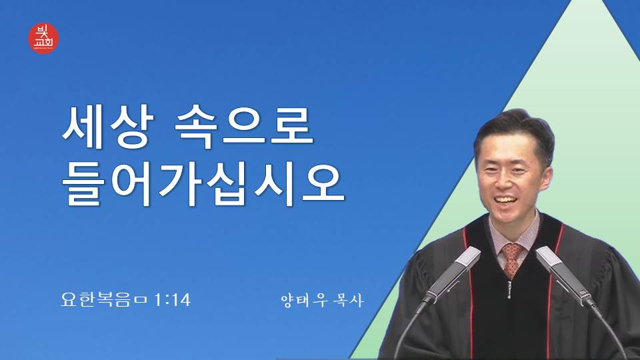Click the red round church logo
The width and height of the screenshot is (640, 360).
point(43,38)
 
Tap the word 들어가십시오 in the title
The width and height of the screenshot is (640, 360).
point(203,184)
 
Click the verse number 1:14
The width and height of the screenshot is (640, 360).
point(172,301)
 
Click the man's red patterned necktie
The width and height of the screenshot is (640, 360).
point(512,259)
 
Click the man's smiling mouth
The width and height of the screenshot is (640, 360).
point(506,201)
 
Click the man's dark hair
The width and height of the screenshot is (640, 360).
point(515,131)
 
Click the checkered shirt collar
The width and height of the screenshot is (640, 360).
point(513,235)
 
